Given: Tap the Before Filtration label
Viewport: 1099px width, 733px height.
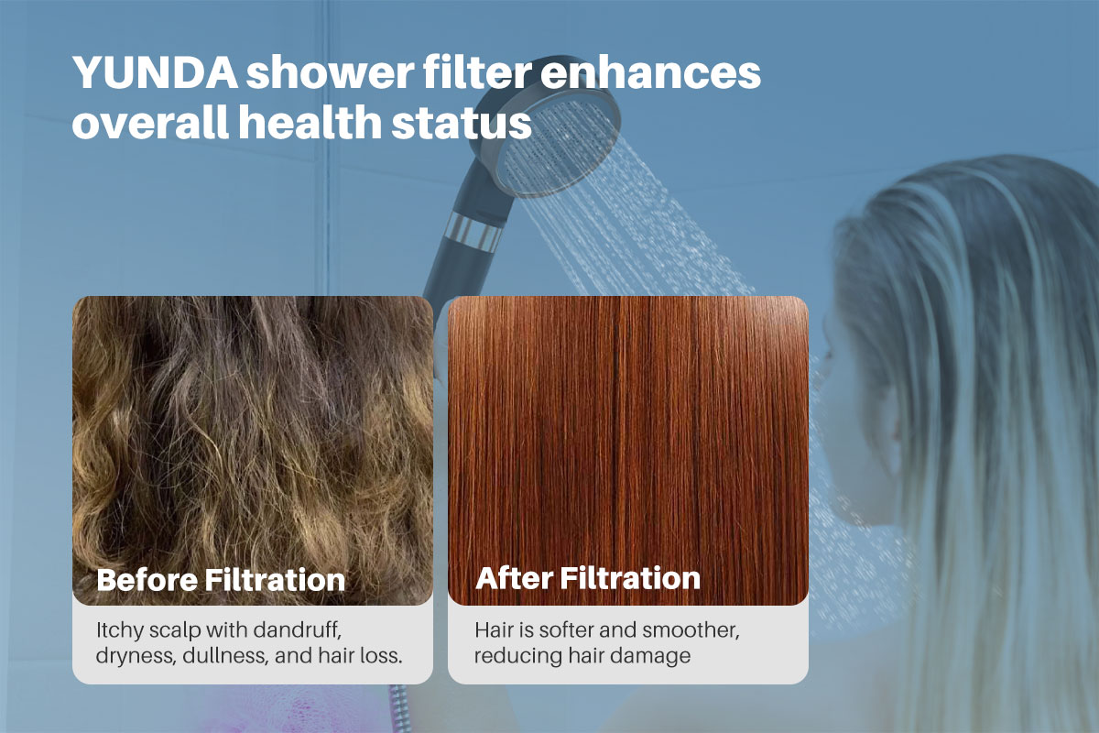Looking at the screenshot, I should click(221, 579).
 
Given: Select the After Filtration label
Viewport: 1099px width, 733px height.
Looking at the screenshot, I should click(588, 578).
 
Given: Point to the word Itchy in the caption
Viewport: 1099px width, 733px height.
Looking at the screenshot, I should click(116, 631).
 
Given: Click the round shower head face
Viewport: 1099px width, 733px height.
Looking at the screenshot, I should click(560, 147).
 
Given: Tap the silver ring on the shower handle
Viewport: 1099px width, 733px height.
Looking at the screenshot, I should click(475, 228).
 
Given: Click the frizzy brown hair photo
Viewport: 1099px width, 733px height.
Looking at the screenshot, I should click(252, 431).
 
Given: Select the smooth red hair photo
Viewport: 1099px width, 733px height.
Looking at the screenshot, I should click(627, 431).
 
